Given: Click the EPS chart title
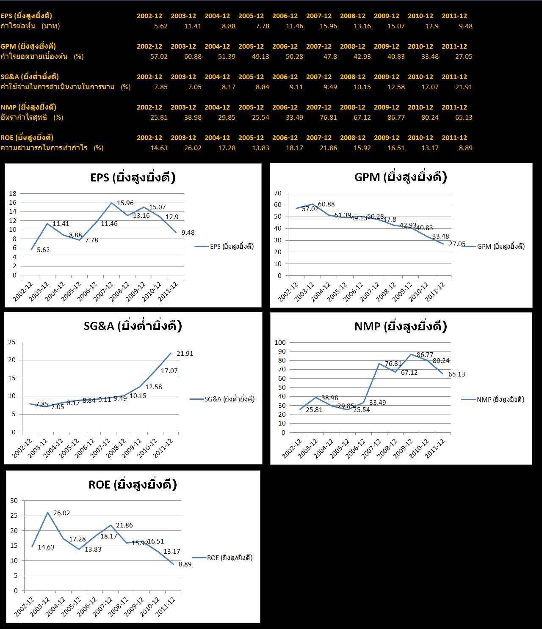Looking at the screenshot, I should (x=133, y=177).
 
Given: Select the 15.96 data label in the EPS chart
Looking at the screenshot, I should (x=125, y=203).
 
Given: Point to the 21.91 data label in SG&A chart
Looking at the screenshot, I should (x=185, y=354).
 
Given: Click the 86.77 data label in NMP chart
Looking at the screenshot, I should (x=425, y=355).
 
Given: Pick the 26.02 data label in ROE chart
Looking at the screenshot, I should (x=62, y=513).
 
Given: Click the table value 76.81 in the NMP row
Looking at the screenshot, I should (x=328, y=118).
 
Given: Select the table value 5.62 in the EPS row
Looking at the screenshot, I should (x=161, y=26).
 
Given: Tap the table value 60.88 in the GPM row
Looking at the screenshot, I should (x=193, y=57).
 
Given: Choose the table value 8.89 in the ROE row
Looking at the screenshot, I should (x=465, y=148).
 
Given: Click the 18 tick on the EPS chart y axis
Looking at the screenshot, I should (x=13, y=194).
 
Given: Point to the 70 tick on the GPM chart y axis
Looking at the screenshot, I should (x=278, y=193).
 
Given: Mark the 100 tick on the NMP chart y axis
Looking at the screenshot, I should (x=280, y=343).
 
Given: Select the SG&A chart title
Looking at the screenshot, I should (x=133, y=326).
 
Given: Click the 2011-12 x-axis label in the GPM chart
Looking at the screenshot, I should (x=435, y=291).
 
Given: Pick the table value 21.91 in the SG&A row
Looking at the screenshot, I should (x=464, y=87).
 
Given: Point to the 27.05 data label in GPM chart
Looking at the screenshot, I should (x=457, y=244).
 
